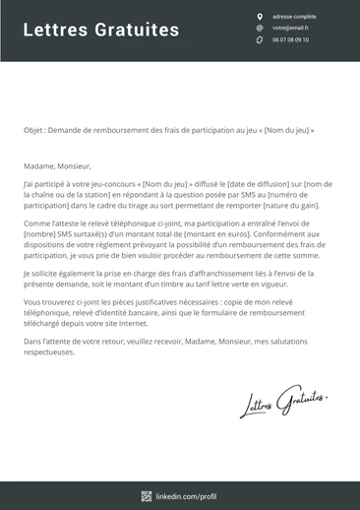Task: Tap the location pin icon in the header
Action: click(x=260, y=17)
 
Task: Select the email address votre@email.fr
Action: click(x=290, y=29)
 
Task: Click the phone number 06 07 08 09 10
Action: click(x=290, y=40)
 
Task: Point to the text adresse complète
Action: click(x=294, y=17)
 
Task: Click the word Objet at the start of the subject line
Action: click(x=33, y=130)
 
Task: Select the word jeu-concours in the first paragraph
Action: click(x=117, y=184)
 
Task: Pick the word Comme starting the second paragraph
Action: click(x=35, y=224)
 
